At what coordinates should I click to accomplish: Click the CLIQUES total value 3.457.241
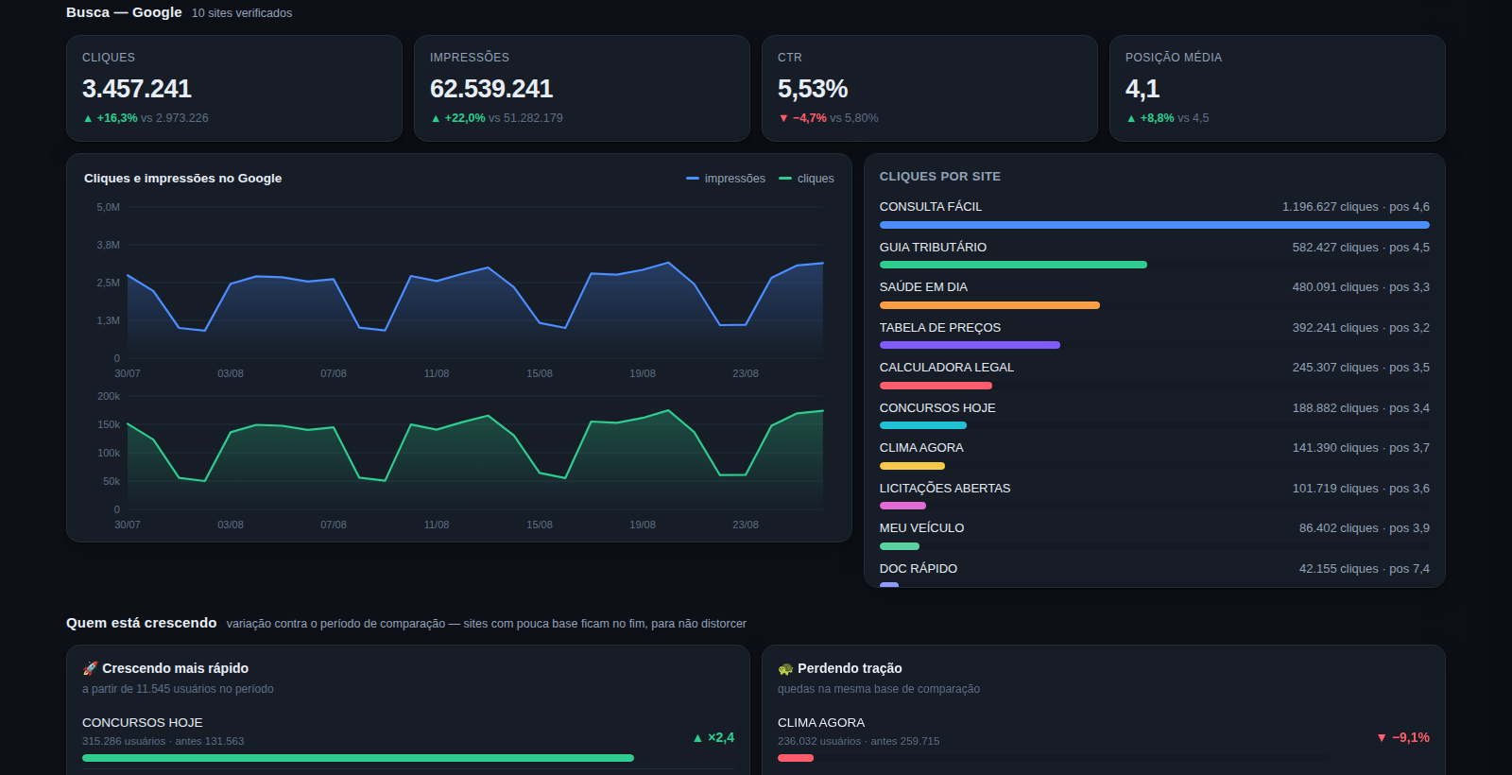[x=136, y=89]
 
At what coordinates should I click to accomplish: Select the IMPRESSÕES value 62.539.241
[x=490, y=89]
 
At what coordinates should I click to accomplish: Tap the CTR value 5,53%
[x=812, y=89]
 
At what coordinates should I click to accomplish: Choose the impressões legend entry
[x=726, y=179]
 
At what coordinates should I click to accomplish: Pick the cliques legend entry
[x=807, y=179]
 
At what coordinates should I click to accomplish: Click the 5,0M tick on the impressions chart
[x=108, y=207]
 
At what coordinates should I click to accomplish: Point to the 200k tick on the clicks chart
[x=109, y=396]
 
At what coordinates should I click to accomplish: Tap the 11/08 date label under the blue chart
[x=436, y=373]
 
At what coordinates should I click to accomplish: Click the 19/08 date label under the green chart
[x=642, y=525]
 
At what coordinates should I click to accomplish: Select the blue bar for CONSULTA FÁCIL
[x=1154, y=225]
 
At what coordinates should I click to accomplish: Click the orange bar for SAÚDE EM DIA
[x=989, y=305]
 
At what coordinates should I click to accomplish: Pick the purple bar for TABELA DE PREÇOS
[x=970, y=345]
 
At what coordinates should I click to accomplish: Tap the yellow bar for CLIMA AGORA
[x=912, y=466]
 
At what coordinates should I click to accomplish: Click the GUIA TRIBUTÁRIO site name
[x=933, y=247]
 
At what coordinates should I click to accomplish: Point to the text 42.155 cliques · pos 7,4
[x=1365, y=568]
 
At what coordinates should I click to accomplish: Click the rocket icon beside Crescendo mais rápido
[x=90, y=668]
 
